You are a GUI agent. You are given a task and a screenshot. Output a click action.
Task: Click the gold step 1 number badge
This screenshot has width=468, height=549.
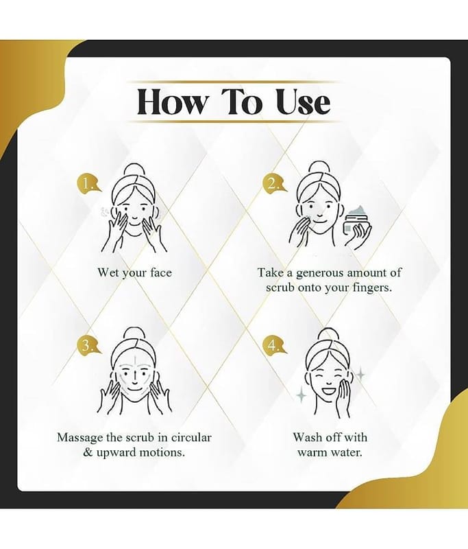(87, 183)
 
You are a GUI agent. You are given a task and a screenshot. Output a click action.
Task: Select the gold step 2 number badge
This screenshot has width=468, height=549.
(273, 183)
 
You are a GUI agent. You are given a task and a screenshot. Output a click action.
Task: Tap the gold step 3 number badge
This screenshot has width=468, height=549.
(87, 345)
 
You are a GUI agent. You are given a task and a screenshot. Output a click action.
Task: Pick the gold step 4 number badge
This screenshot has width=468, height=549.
(273, 345)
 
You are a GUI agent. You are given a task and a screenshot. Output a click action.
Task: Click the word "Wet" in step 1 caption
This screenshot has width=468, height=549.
(108, 272)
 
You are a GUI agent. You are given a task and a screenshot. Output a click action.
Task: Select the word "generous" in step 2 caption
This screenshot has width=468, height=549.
(320, 273)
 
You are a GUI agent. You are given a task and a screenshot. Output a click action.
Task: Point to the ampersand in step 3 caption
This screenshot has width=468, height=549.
(88, 452)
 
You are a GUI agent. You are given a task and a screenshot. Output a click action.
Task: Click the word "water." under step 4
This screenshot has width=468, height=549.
(346, 452)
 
